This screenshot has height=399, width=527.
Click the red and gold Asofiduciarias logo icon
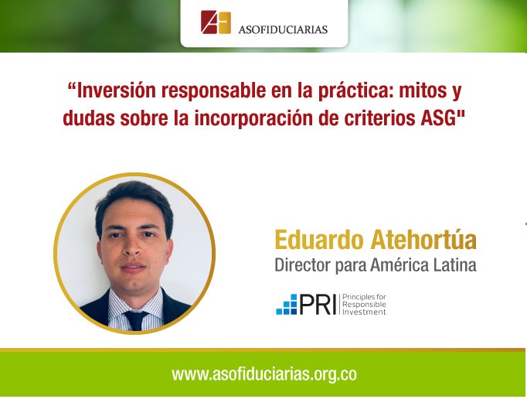pos(216,22)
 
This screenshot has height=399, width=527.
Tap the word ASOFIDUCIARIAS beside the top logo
pos(283,29)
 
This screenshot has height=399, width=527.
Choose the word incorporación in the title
pos(256,118)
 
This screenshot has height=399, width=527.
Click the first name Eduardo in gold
pos(319,240)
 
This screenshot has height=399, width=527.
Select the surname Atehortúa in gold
pos(423,239)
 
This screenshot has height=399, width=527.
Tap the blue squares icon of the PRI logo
pos(287,305)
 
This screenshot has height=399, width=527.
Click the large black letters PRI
pos(318,305)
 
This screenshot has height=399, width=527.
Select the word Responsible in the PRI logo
pos(364,305)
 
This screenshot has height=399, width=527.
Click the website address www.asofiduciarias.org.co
pos(264,374)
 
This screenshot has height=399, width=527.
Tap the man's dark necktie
pos(136,320)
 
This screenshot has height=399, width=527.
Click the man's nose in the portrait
pos(133,248)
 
